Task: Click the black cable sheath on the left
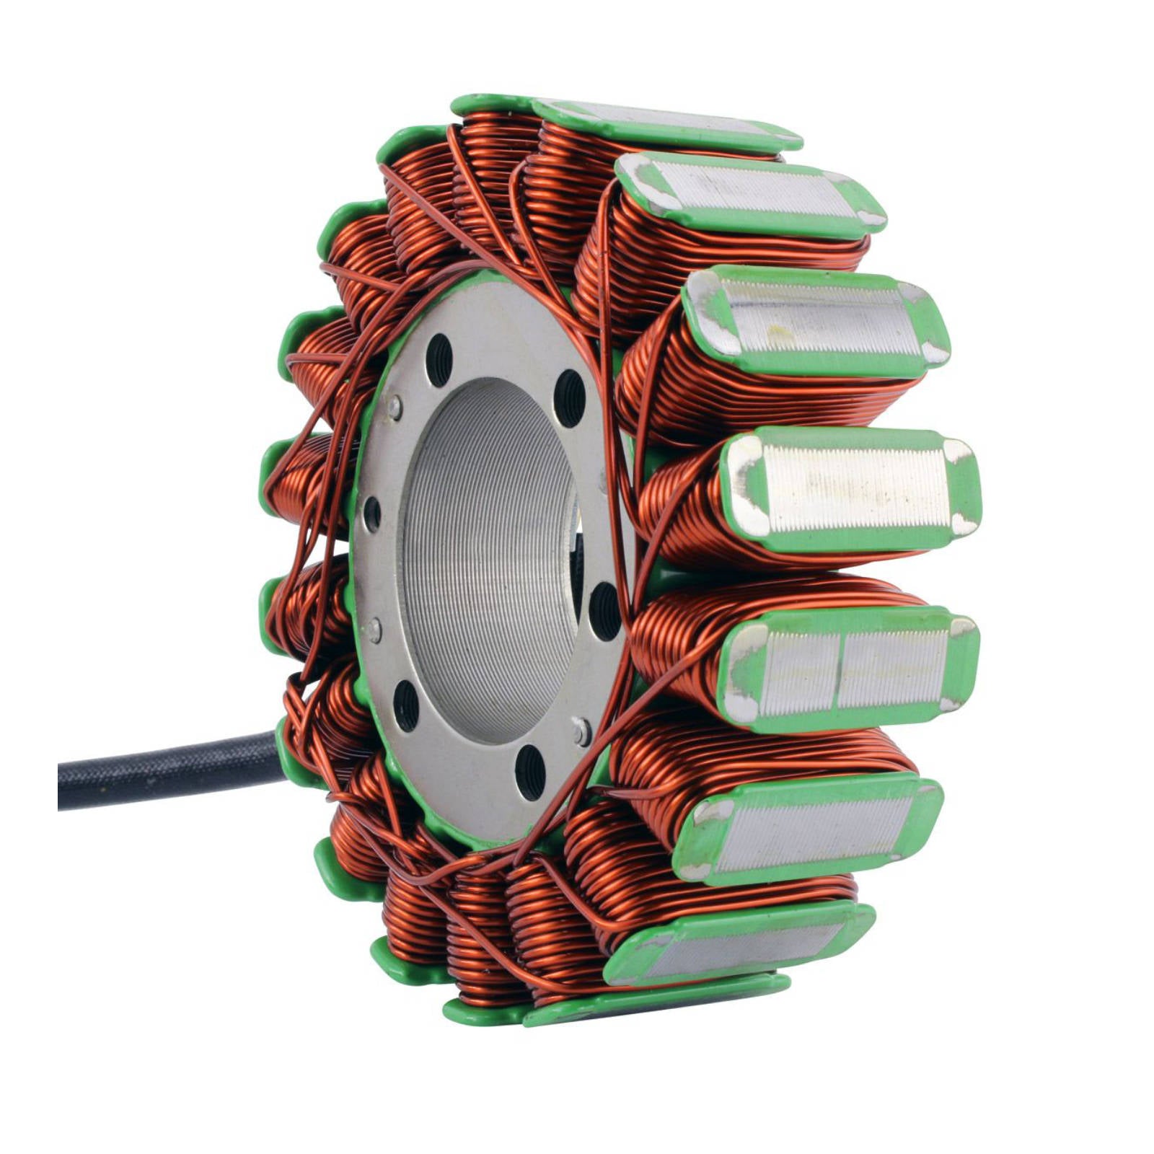click(166, 770)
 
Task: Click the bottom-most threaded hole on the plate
click(530, 772)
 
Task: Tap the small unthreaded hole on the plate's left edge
click(372, 514)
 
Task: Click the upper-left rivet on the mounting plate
click(395, 408)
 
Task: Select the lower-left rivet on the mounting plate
click(374, 630)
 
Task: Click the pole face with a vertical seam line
click(851, 667)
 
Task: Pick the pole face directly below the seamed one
click(808, 829)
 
